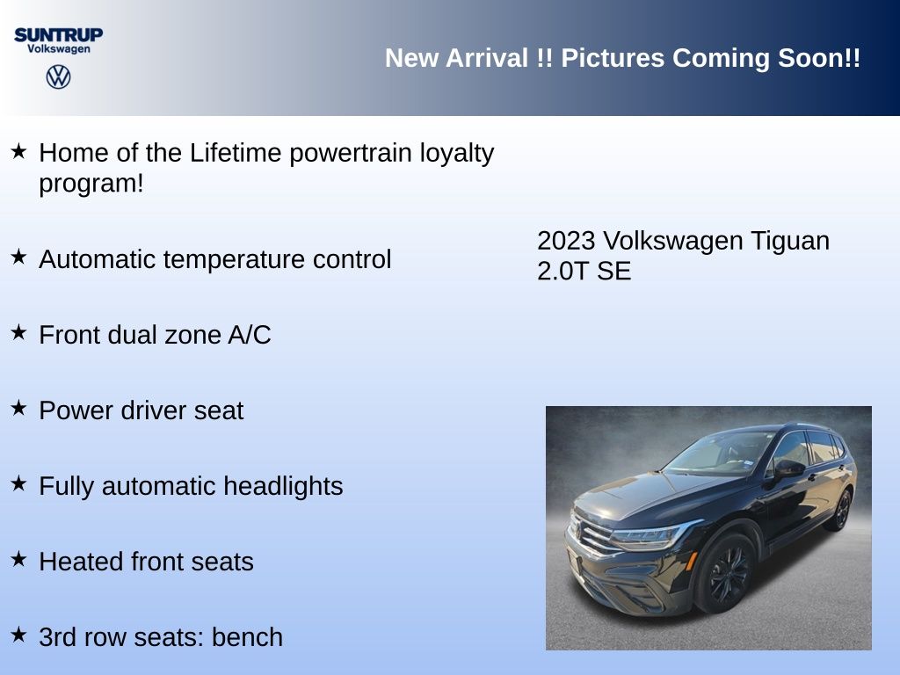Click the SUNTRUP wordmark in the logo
point(59,35)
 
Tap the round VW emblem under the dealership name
point(59,77)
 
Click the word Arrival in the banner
point(487,58)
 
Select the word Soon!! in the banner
point(819,58)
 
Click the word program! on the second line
point(91,185)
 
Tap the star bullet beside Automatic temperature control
point(19,257)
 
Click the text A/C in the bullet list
point(249,335)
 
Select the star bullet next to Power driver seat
point(19,408)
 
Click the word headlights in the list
point(283,486)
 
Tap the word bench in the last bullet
point(247,637)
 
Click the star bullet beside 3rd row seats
point(19,635)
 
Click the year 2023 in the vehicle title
point(566,241)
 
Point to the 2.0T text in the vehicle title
point(563,271)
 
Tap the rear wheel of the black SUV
point(841,511)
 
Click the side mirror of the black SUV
point(788,469)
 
